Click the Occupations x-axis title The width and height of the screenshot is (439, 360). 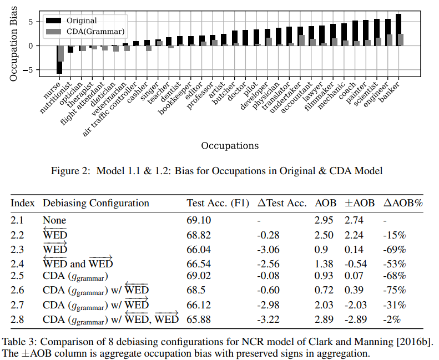230,146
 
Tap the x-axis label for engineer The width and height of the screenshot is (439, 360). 379,94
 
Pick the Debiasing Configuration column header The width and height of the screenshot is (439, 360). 96,203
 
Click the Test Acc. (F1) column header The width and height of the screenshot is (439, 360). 218,203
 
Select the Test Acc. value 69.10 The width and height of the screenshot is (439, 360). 198,220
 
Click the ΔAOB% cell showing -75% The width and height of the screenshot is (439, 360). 393,290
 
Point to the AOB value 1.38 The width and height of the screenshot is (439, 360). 325,263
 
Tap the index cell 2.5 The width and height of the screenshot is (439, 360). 17,276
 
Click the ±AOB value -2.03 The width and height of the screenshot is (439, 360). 356,305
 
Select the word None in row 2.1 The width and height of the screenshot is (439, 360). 54,220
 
